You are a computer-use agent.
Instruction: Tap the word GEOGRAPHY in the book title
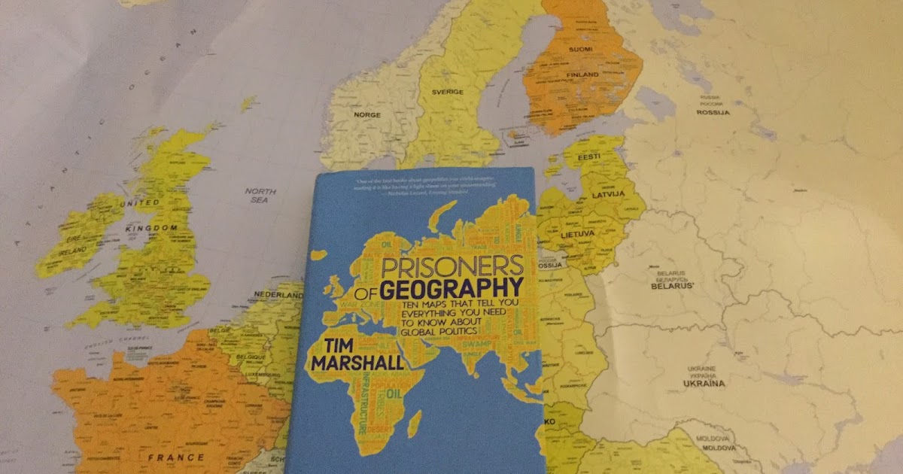[x=451, y=289]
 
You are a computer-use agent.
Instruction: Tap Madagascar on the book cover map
[x=413, y=424]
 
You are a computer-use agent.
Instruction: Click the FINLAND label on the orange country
[x=582, y=75]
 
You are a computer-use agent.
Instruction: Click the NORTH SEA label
[x=261, y=196]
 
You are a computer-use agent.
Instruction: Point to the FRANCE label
[x=175, y=457]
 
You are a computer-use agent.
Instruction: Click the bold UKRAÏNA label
[x=703, y=383]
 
